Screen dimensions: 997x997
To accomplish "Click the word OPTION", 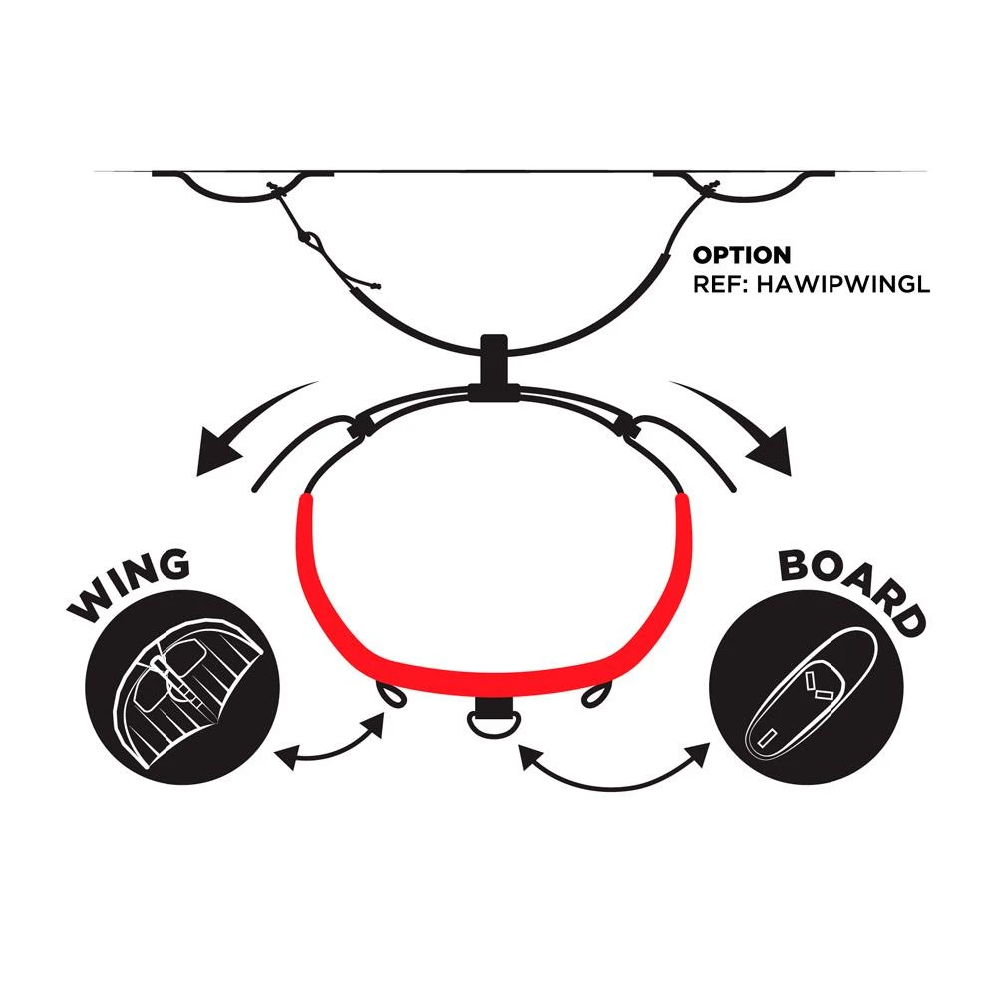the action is (x=742, y=255).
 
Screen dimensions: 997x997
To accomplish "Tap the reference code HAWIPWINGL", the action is (x=843, y=283).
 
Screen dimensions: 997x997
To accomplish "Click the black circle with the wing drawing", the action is (x=182, y=687).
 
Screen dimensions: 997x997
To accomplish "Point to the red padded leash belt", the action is (x=493, y=597).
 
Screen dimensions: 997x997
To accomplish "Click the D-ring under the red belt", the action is (x=494, y=724).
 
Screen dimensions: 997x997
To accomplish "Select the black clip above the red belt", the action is (x=495, y=367).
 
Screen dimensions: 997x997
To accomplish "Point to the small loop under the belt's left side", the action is (x=390, y=694).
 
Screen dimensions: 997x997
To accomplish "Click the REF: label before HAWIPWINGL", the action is (x=721, y=283).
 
